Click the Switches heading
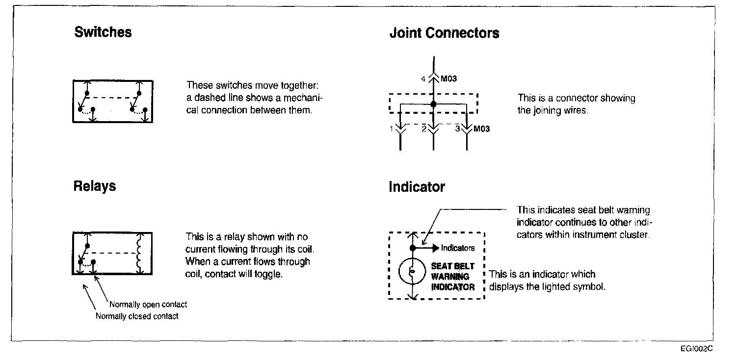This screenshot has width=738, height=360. (x=103, y=33)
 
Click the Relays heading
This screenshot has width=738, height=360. (x=95, y=186)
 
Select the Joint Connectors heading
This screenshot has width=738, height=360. (x=444, y=33)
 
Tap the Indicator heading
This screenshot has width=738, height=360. (x=417, y=187)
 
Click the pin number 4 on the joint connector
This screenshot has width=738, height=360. (x=423, y=78)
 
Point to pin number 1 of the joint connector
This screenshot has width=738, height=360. (x=392, y=129)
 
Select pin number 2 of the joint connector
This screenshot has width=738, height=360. (x=423, y=129)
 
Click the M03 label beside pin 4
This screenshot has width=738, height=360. (x=448, y=78)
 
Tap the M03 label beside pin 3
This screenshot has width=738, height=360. (x=481, y=129)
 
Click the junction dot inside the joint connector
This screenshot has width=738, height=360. (x=433, y=104)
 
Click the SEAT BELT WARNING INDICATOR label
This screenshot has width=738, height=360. (x=452, y=277)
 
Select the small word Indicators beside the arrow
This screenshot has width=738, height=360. (x=458, y=248)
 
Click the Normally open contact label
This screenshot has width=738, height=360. (x=148, y=305)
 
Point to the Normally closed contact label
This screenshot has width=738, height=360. (x=137, y=316)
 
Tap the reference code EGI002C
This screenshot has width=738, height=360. (x=696, y=349)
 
